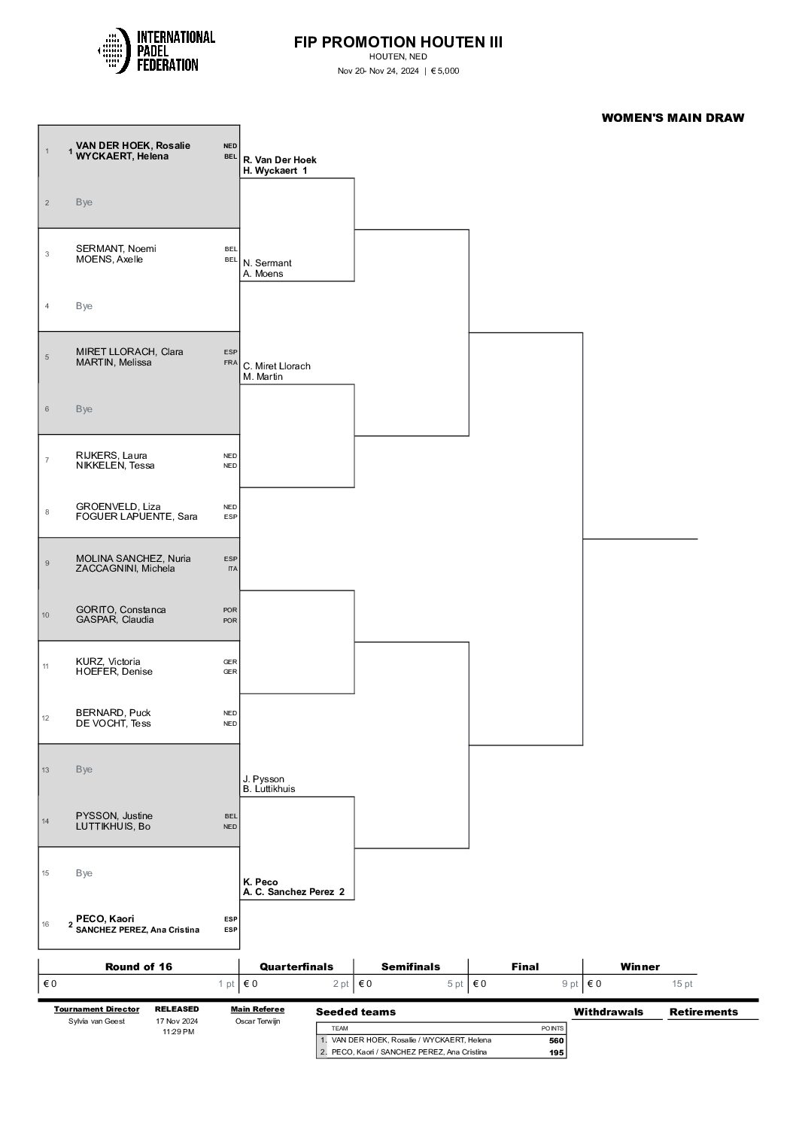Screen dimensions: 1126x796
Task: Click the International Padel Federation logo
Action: [156, 51]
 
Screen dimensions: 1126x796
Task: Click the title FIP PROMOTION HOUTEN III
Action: [398, 42]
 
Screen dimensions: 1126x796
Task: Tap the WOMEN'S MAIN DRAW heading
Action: [673, 117]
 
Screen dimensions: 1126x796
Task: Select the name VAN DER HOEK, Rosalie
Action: [132, 145]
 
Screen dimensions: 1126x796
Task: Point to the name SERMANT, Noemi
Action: [116, 248]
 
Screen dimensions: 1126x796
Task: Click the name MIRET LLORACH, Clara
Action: [129, 351]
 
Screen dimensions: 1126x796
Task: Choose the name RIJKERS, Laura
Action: [111, 455]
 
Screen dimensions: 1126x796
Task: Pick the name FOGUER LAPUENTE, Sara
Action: [136, 517]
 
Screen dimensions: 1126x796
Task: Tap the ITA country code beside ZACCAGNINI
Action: [232, 569]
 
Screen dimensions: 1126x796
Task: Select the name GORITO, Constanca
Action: [120, 609]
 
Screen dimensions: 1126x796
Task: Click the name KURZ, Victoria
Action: [108, 662]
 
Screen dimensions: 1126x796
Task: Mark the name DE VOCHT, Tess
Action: [113, 724]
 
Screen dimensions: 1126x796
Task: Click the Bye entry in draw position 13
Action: [84, 769]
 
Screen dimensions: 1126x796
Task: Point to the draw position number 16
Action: [47, 924]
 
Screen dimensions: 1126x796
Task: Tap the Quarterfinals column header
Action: [296, 967]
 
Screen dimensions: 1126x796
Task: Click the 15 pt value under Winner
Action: [682, 984]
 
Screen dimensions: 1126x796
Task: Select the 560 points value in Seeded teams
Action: [556, 1040]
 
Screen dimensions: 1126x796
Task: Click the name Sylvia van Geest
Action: [96, 1021]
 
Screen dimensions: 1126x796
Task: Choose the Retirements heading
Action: [703, 1012]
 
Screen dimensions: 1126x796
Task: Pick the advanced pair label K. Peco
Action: [260, 882]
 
